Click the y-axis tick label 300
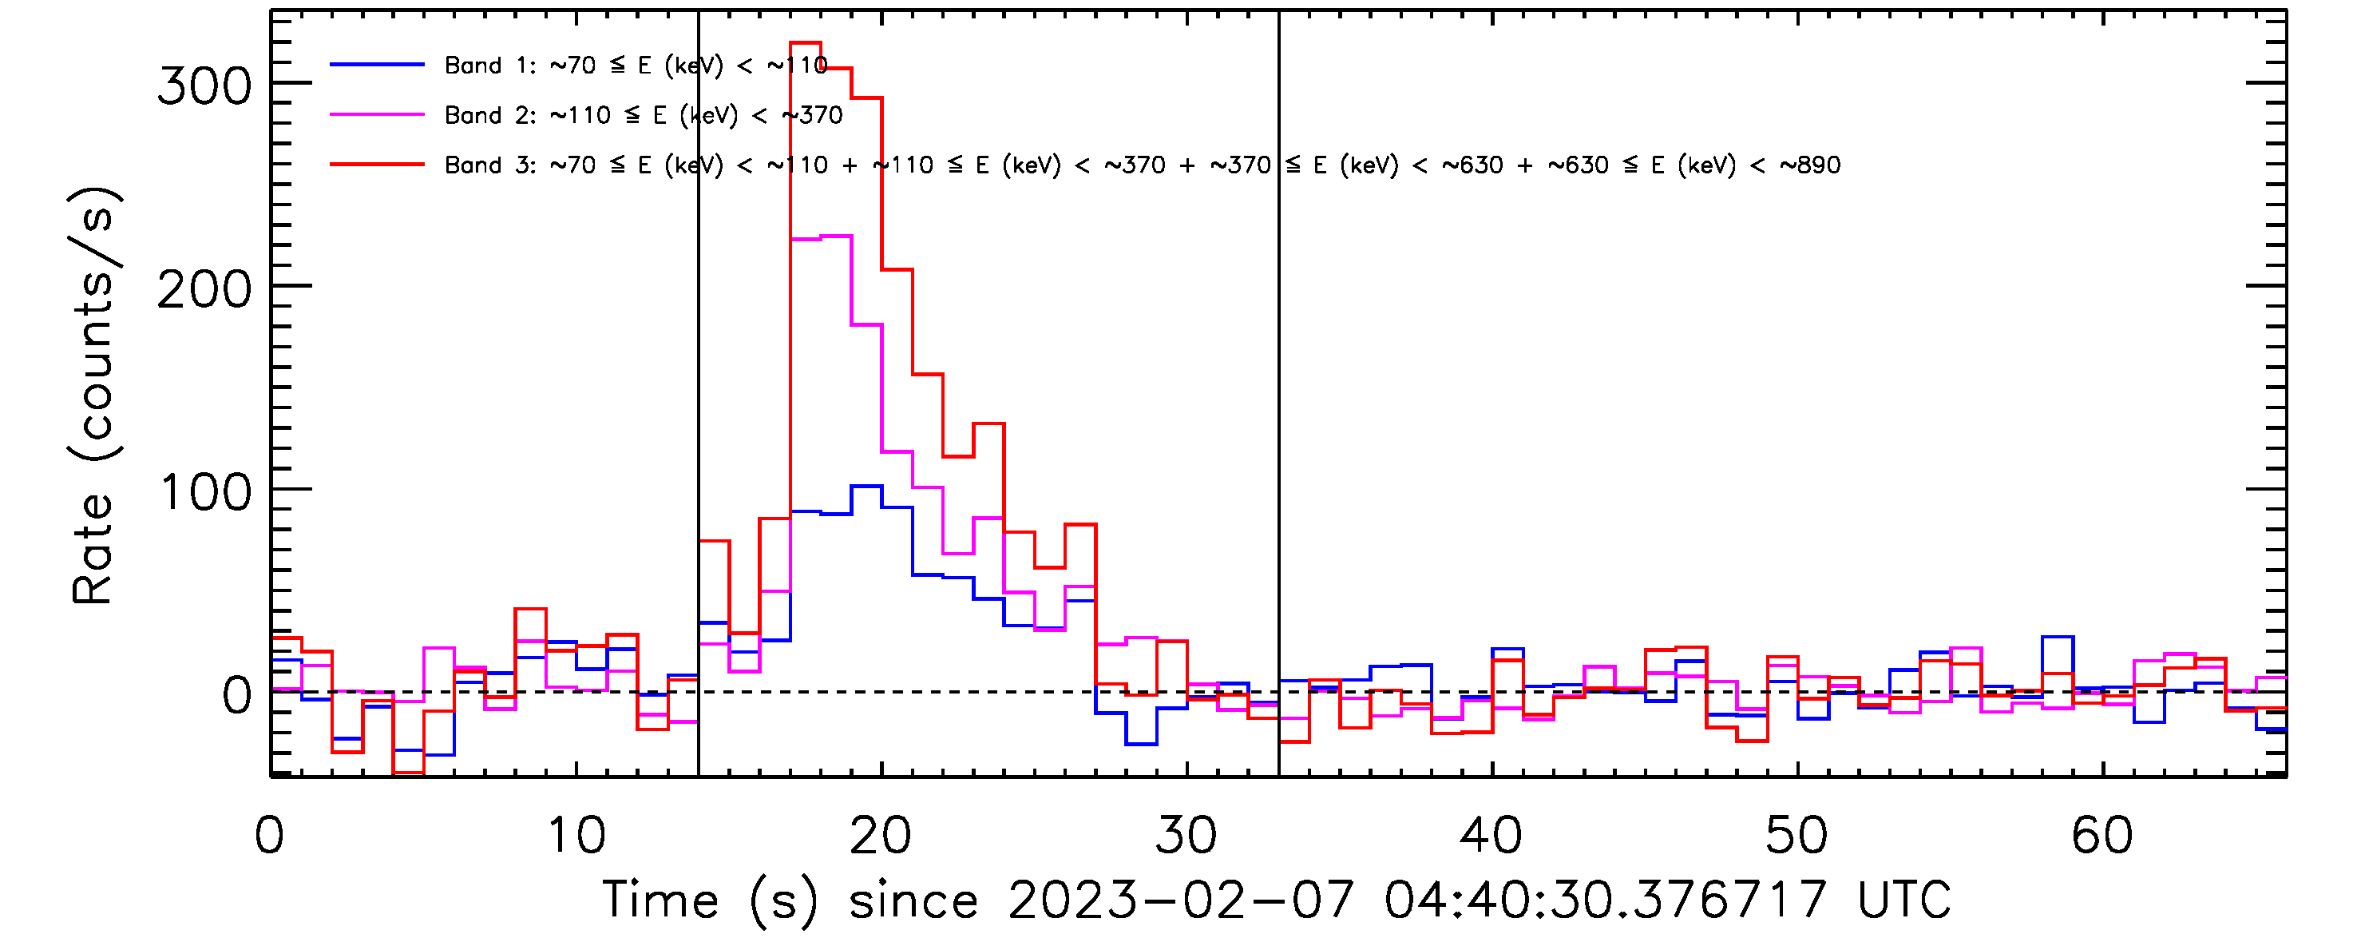204,88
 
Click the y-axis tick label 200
204,291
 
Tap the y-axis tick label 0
237,697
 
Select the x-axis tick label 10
576,836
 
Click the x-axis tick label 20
881,836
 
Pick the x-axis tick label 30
1186,836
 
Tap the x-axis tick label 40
1491,836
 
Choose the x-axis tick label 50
1797,836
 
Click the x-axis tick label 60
2102,836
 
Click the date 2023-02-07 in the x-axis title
1180,900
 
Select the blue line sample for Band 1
377,65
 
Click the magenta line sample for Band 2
377,115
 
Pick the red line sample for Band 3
377,165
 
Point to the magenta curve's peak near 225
836,236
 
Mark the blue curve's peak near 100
866,486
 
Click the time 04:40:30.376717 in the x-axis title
1605,900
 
